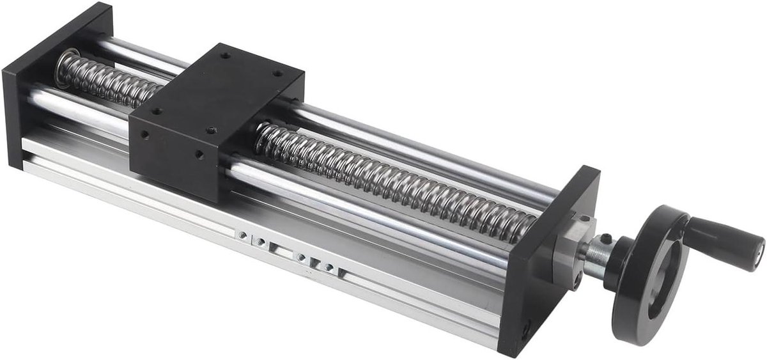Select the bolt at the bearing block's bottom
[x=577, y=279]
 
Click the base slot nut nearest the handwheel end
[x=320, y=264]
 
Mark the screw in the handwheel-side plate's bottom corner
[x=525, y=331]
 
